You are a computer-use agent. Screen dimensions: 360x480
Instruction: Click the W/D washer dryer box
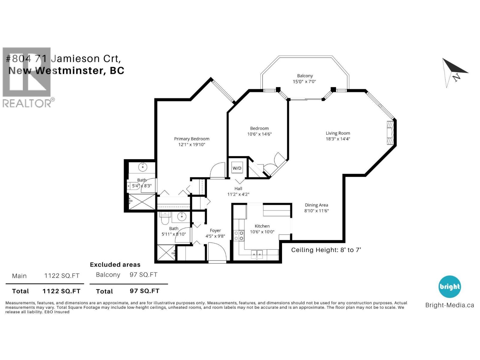pos(237,168)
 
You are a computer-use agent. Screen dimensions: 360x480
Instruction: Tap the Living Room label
pos(338,133)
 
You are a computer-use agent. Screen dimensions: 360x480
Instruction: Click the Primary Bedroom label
pos(192,139)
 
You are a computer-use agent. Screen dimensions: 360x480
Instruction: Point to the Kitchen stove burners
pos(239,235)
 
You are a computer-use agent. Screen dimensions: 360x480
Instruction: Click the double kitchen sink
pos(257,254)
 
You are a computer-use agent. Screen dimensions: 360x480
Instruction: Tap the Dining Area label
pos(316,205)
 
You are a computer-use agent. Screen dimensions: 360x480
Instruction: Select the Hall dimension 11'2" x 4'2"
pos(238,194)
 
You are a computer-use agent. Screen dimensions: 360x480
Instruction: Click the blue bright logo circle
pos(449,286)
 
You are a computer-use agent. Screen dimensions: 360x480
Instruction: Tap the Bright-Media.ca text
pos(449,305)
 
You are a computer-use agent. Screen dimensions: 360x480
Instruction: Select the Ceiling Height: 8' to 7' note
pos(326,250)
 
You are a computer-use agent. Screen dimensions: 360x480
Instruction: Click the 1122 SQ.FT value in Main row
pos(62,276)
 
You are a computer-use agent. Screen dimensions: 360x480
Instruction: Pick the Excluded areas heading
pos(115,265)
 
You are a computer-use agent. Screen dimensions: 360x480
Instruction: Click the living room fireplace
pos(390,133)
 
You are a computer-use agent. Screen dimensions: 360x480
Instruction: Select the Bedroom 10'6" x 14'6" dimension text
pos(259,134)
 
